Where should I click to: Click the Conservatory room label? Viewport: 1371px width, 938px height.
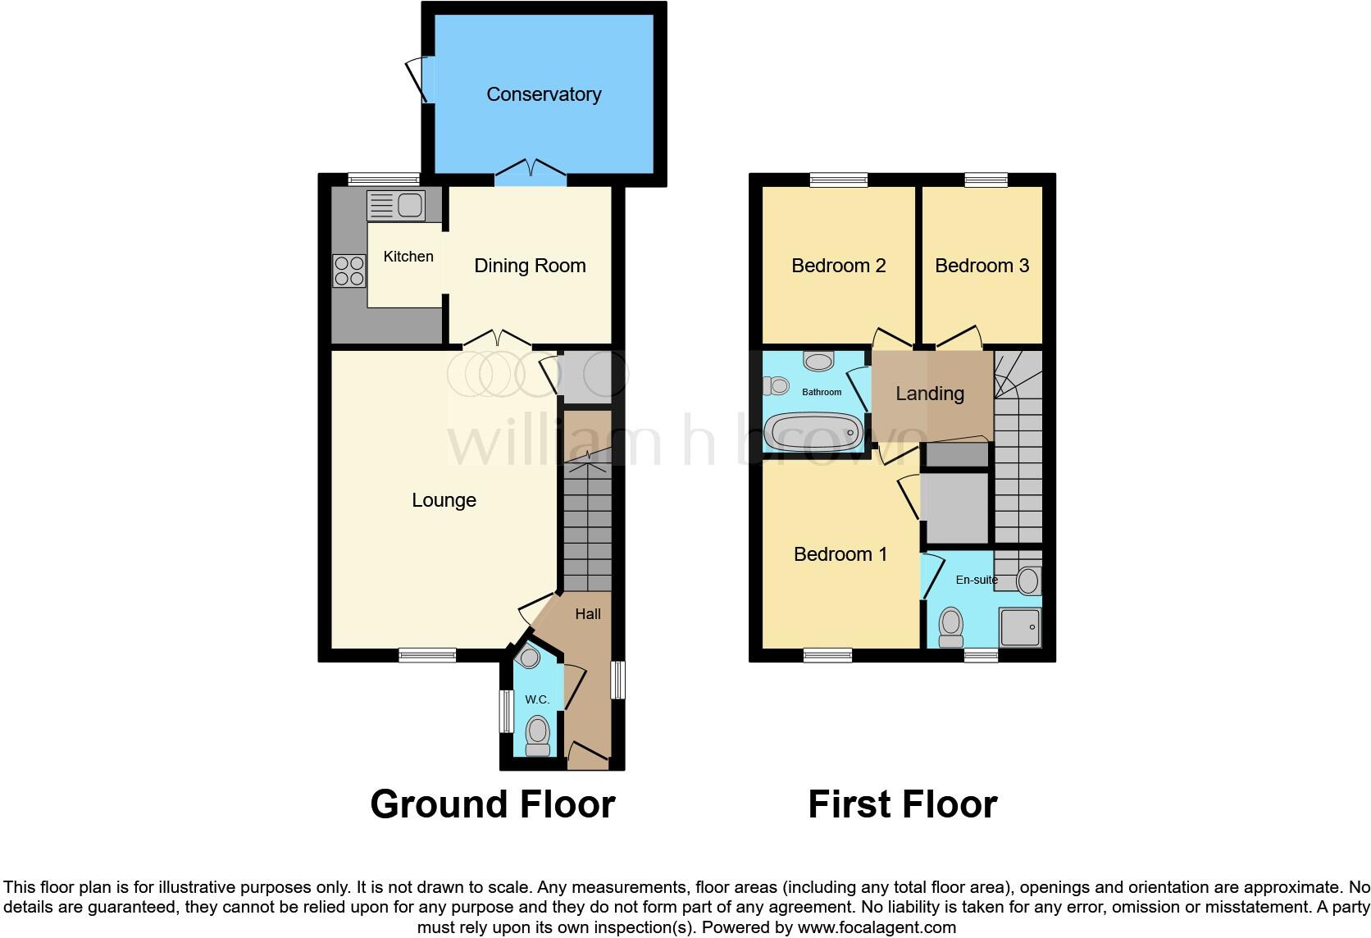[544, 94]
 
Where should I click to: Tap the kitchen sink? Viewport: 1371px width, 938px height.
[395, 205]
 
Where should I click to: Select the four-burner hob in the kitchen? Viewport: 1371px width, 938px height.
[348, 271]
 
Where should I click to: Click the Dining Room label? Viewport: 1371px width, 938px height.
[530, 266]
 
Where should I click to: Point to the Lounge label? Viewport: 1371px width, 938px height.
[444, 500]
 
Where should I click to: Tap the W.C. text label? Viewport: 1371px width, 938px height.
[537, 699]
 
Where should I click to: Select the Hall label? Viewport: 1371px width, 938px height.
[587, 614]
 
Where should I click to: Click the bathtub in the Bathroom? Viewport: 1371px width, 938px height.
[813, 431]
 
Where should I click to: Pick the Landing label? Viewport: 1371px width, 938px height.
[929, 394]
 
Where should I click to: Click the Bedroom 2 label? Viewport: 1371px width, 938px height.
[838, 266]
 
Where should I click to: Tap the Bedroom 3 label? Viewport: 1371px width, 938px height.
[982, 266]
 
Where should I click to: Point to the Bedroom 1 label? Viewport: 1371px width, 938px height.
[840, 554]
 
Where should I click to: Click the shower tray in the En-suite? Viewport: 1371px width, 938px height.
[1020, 627]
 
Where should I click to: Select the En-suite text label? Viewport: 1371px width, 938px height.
[977, 580]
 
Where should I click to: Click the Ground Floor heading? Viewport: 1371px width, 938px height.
[492, 804]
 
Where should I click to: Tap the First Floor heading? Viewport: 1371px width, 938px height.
[902, 804]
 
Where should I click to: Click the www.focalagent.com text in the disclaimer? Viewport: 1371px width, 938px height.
[877, 928]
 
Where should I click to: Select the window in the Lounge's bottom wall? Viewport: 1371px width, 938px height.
[427, 654]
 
